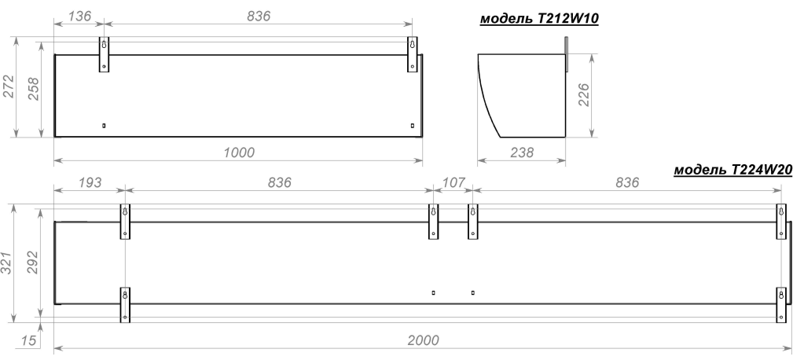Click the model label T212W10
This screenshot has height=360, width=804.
[539, 19]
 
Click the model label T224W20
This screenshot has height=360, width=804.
[732, 170]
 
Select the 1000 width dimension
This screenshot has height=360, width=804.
[239, 152]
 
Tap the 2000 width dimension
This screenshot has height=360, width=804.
[424, 340]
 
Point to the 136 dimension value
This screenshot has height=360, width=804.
[79, 16]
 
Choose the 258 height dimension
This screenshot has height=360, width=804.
[32, 89]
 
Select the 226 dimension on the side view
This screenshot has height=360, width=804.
[584, 95]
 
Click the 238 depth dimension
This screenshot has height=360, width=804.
[522, 152]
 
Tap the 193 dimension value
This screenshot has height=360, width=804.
[90, 182]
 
